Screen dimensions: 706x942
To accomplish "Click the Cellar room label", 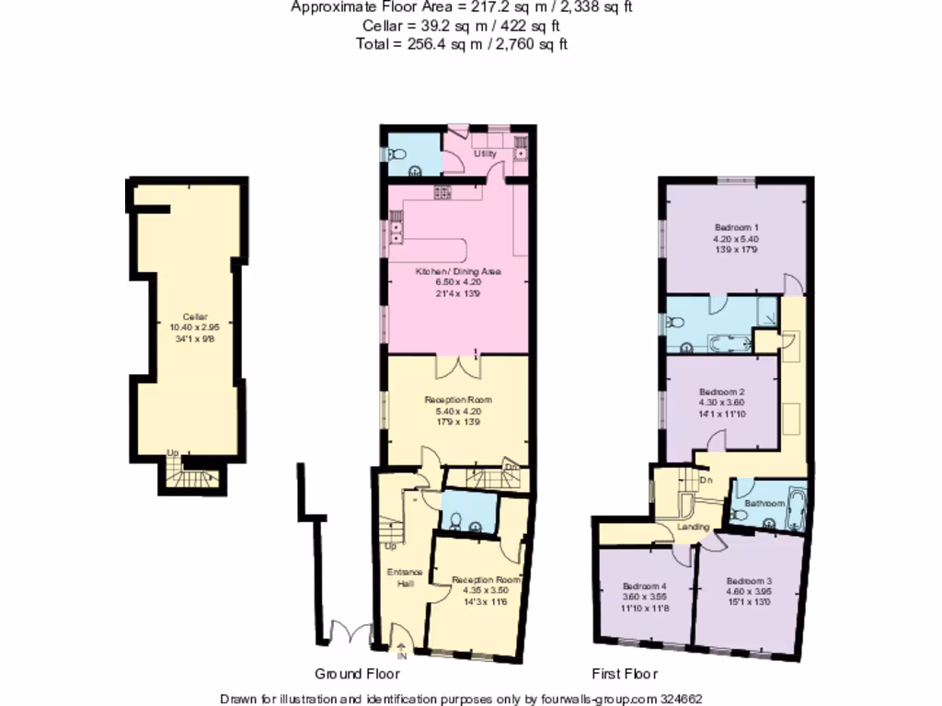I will click(189, 317).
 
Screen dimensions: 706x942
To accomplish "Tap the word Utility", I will click(485, 154).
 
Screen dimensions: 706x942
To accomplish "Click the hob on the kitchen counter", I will click(442, 192).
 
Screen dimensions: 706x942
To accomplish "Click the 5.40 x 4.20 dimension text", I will click(457, 412).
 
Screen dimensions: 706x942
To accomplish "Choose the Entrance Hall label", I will click(400, 577).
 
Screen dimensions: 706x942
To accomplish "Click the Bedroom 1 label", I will click(736, 227).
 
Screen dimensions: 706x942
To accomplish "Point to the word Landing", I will click(693, 527).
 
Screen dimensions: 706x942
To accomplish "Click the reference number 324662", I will click(683, 699).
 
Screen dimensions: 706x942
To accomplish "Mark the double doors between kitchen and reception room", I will click(457, 365).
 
